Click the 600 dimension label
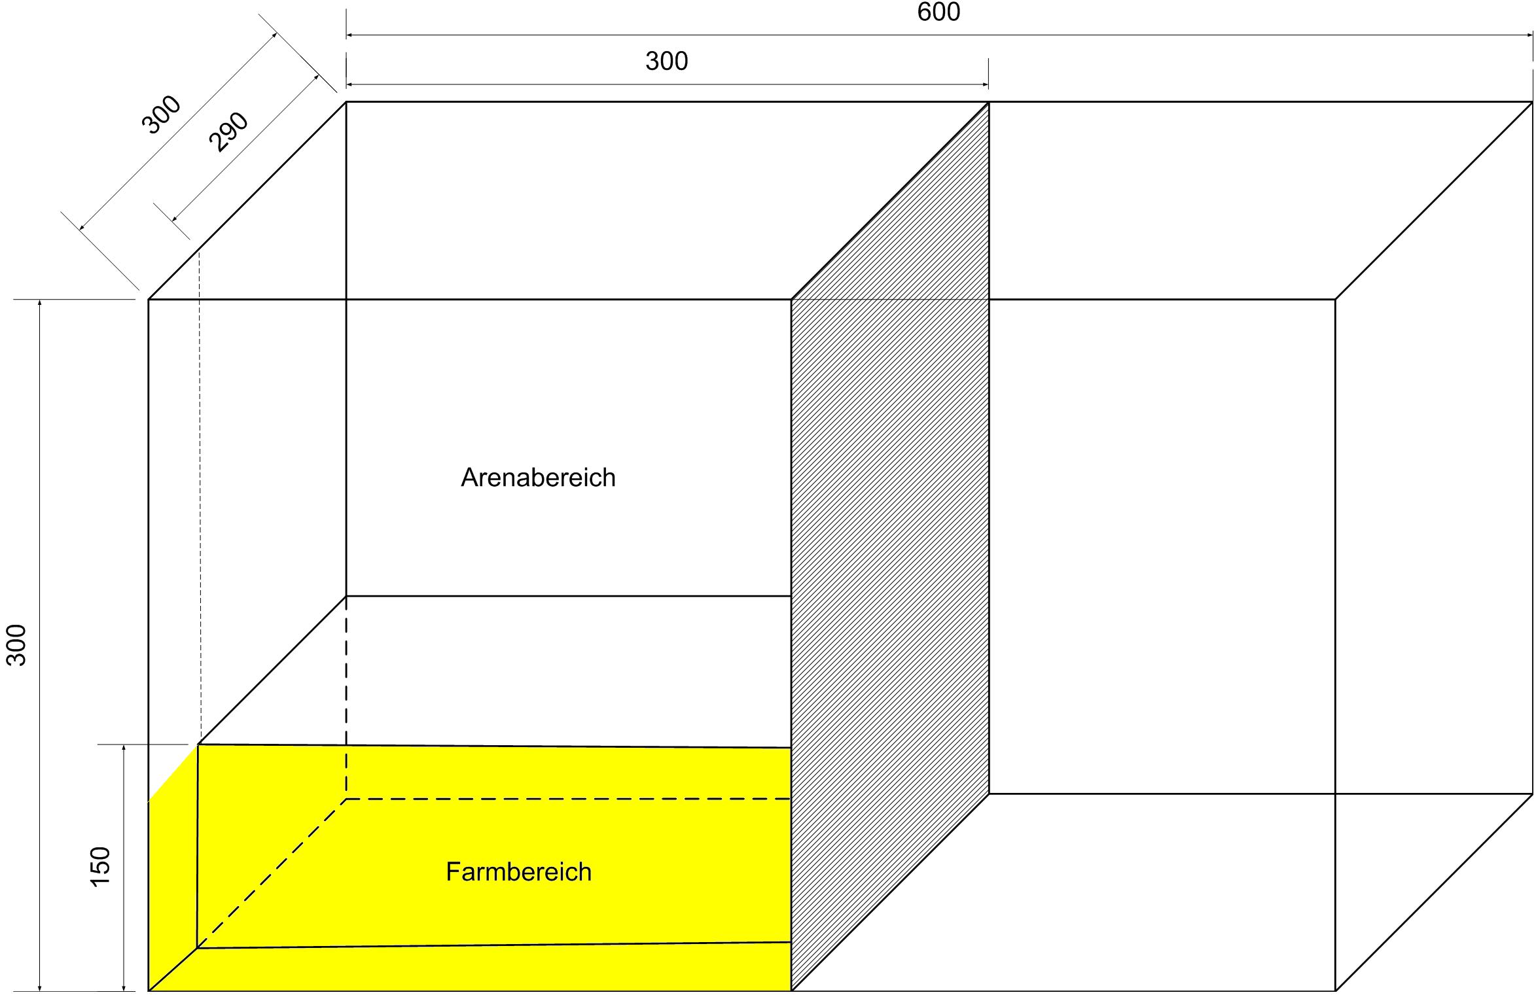938,12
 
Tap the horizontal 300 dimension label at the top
666,61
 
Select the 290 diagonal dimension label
228,131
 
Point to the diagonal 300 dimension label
161,114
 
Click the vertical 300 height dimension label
17,645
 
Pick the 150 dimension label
101,867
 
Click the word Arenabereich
538,478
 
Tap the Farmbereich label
518,872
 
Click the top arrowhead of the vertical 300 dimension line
40,304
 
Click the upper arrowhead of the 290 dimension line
316,77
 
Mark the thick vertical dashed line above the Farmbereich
346,693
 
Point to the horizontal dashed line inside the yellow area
569,799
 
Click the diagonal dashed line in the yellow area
272,873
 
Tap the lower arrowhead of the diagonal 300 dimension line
82,227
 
